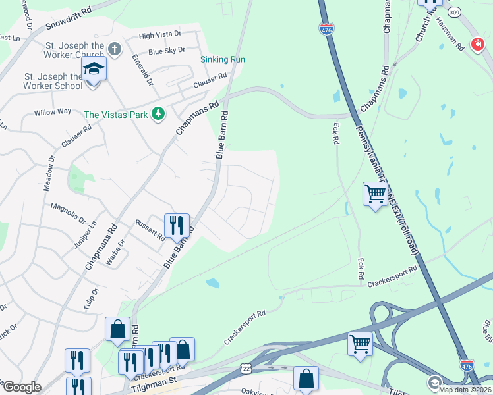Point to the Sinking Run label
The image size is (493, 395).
point(223,59)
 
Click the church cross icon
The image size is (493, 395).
point(114,49)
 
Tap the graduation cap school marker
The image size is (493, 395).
point(94,69)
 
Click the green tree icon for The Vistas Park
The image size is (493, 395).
point(158,115)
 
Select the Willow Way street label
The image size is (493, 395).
point(53,111)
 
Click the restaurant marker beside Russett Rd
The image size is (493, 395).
point(177,225)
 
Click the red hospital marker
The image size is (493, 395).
point(477,44)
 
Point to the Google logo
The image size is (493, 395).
point(21,387)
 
